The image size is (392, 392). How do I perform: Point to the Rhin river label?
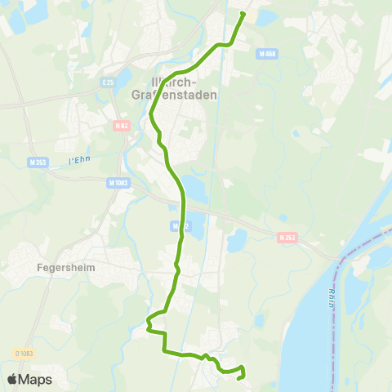pyautogui.click(x=332, y=296)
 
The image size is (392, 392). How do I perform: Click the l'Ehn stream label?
pyautogui.click(x=79, y=157)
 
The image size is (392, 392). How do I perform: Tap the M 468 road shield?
pyautogui.click(x=265, y=54)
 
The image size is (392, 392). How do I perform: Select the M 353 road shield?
pyautogui.click(x=37, y=162)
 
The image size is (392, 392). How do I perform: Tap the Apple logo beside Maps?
pyautogui.click(x=12, y=379)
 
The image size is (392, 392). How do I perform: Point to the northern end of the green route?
pyautogui.click(x=243, y=13)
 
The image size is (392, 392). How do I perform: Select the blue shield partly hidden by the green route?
pyautogui.click(x=176, y=225)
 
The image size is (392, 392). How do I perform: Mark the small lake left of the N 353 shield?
pyautogui.click(x=237, y=240)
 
